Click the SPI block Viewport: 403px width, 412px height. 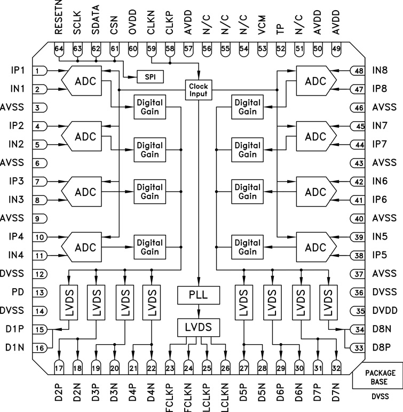point(150,76)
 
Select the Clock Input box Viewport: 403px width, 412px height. point(198,90)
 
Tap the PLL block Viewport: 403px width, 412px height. point(199,294)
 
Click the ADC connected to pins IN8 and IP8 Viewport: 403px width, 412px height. point(315,80)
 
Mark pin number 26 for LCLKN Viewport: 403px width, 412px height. point(225,367)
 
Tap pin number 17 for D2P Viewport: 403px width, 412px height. point(59,367)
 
